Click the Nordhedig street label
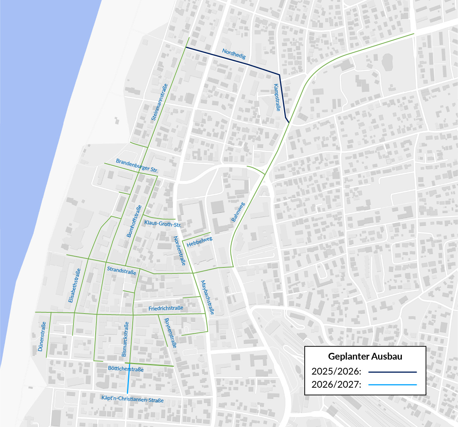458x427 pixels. pyautogui.click(x=234, y=54)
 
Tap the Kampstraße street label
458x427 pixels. pyautogui.click(x=277, y=97)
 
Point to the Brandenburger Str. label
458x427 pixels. pyautogui.click(x=137, y=166)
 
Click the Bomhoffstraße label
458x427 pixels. pyautogui.click(x=134, y=221)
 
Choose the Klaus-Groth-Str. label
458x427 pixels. pyautogui.click(x=163, y=224)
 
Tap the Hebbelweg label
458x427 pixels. pyautogui.click(x=199, y=242)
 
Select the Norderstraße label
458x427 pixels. pyautogui.click(x=180, y=251)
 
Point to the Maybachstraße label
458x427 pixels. pyautogui.click(x=207, y=297)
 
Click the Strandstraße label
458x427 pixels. pyautogui.click(x=121, y=270)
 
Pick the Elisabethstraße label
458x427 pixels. pyautogui.click(x=75, y=286)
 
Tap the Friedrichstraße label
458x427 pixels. pyautogui.click(x=166, y=308)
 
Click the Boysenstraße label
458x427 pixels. pyautogui.click(x=170, y=333)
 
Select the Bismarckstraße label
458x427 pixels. pyautogui.click(x=125, y=339)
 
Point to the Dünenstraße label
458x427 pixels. pyautogui.click(x=42, y=336)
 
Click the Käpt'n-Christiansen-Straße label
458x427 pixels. pyautogui.click(x=132, y=399)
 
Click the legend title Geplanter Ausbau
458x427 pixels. pyautogui.click(x=365, y=356)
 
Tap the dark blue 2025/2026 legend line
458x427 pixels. pyautogui.click(x=392, y=372)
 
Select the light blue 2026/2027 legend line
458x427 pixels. pyautogui.click(x=392, y=385)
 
